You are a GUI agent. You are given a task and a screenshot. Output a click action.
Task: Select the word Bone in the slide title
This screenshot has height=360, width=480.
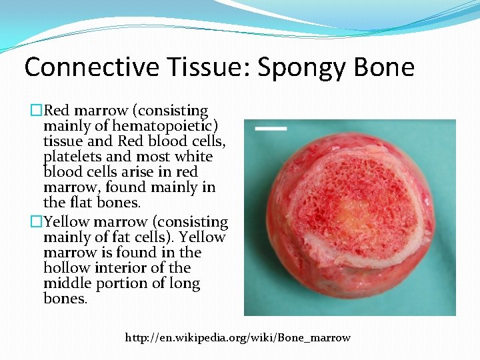[x=386, y=67]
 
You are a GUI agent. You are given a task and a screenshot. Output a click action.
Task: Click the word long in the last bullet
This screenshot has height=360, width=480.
[x=184, y=283]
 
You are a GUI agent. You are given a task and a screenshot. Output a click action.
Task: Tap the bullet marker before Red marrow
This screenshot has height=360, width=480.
[x=37, y=111]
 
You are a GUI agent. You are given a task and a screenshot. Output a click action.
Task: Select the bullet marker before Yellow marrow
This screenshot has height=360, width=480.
[x=37, y=222]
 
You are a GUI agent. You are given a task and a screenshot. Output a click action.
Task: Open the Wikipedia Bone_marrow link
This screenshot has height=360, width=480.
[x=237, y=337]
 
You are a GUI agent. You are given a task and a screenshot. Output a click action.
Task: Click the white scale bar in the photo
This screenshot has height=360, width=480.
[x=271, y=127]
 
